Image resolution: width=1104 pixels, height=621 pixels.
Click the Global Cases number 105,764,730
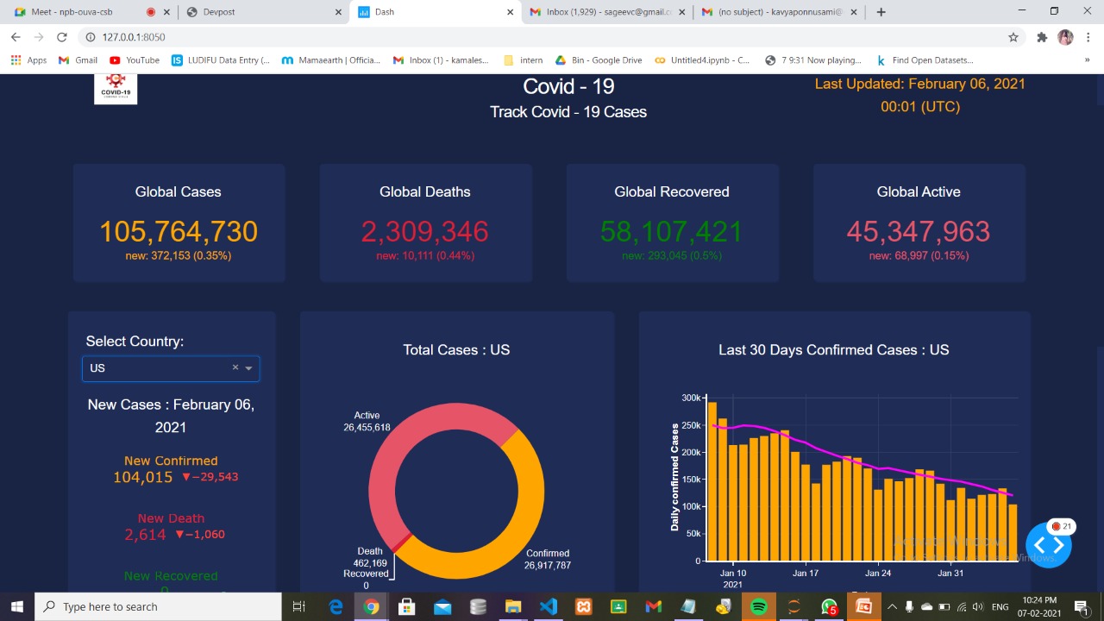click(179, 232)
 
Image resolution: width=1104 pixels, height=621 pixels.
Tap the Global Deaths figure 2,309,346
click(424, 232)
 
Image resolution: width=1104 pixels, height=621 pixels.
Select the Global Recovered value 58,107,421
click(671, 232)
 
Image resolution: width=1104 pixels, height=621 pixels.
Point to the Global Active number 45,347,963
click(918, 232)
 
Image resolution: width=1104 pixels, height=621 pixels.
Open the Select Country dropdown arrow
click(248, 368)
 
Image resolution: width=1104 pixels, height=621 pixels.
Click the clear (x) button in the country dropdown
click(235, 367)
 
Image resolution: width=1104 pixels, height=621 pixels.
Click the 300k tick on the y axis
click(691, 398)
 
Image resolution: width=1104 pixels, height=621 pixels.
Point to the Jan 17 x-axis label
click(806, 573)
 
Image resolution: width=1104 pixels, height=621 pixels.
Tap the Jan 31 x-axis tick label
click(950, 573)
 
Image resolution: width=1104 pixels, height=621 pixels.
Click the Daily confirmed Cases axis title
click(675, 476)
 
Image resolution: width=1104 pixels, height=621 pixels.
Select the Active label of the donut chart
click(367, 415)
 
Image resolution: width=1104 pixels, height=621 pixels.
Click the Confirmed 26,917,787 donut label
click(548, 559)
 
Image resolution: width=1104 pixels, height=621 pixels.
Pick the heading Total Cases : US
click(456, 349)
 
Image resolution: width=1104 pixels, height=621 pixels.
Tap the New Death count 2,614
click(145, 535)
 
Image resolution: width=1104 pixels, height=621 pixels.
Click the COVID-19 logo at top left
click(116, 88)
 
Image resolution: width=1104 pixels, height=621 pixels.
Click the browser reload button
click(62, 37)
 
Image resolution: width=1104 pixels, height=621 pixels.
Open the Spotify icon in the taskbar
click(759, 607)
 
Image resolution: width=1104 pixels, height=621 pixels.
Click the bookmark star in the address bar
click(1013, 37)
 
